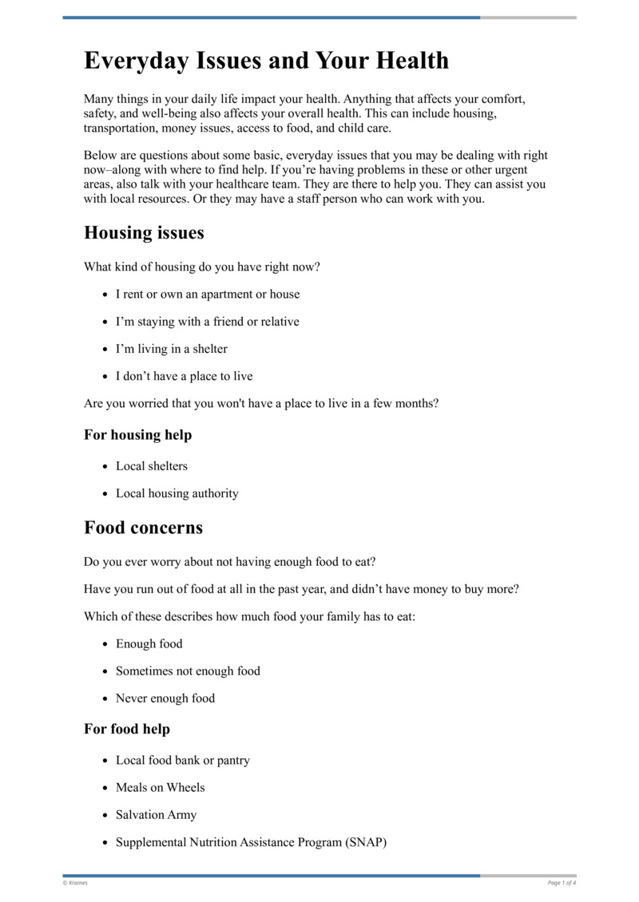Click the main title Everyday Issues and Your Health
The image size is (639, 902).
(x=266, y=61)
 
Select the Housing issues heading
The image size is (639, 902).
(x=144, y=232)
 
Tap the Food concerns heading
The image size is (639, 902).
(x=143, y=528)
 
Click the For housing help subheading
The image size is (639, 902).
(x=137, y=435)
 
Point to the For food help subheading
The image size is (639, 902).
(x=126, y=729)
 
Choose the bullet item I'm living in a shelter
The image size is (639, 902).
(x=171, y=349)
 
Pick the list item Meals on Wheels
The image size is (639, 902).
(x=160, y=788)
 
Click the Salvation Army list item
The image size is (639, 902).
(x=156, y=815)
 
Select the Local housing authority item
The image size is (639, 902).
(x=177, y=493)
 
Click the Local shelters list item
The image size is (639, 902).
(x=151, y=466)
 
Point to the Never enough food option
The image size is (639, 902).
(x=165, y=698)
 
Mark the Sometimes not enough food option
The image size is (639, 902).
(x=188, y=671)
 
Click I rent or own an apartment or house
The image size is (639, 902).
(x=208, y=295)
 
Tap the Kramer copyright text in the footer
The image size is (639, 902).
(x=76, y=883)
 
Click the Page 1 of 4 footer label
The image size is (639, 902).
(x=562, y=883)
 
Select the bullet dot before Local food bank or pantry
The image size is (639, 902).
(x=105, y=762)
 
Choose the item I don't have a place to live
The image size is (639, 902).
(x=184, y=376)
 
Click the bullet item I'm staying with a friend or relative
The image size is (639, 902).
(x=207, y=322)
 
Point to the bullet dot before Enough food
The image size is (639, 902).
(x=105, y=645)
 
